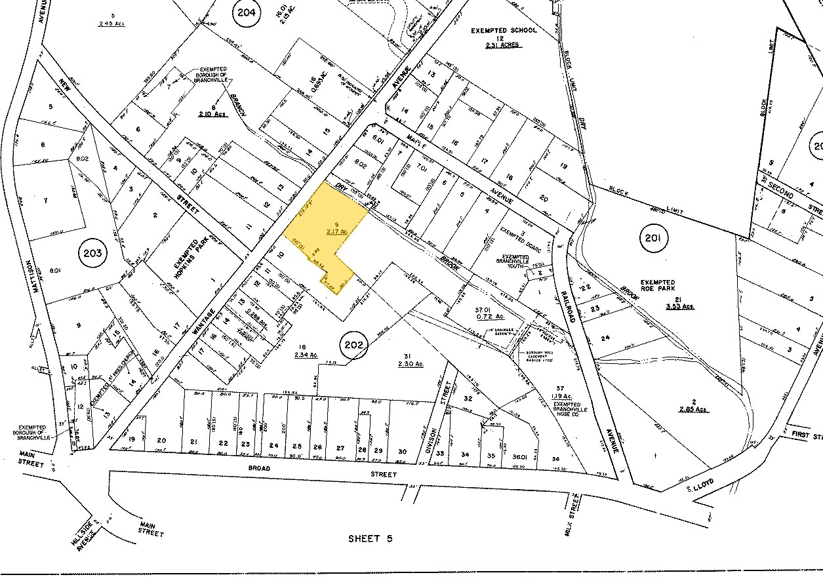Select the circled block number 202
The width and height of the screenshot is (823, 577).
click(x=353, y=343)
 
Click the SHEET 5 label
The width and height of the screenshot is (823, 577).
click(x=370, y=538)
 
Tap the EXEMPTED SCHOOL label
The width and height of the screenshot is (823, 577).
click(x=504, y=30)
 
